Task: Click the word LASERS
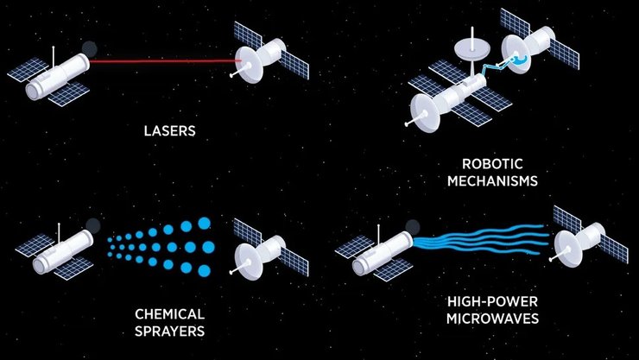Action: coord(169,130)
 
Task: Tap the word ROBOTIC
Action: coord(492,164)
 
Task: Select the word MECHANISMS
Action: coord(492,180)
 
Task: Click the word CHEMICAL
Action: coord(169,314)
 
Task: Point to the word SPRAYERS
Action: coord(169,332)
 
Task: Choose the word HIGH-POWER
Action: coord(492,302)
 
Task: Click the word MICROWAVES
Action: coord(492,319)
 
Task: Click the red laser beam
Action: coord(165,61)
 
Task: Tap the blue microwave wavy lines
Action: coord(480,239)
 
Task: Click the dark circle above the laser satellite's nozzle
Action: coord(89,49)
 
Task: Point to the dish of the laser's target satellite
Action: coord(247,65)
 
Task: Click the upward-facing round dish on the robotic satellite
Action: coord(472,48)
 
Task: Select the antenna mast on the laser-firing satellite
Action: coord(54,57)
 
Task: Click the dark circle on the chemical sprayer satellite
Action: coord(93,225)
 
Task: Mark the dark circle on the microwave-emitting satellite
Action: coord(413,227)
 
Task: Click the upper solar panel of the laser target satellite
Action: coord(247,35)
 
